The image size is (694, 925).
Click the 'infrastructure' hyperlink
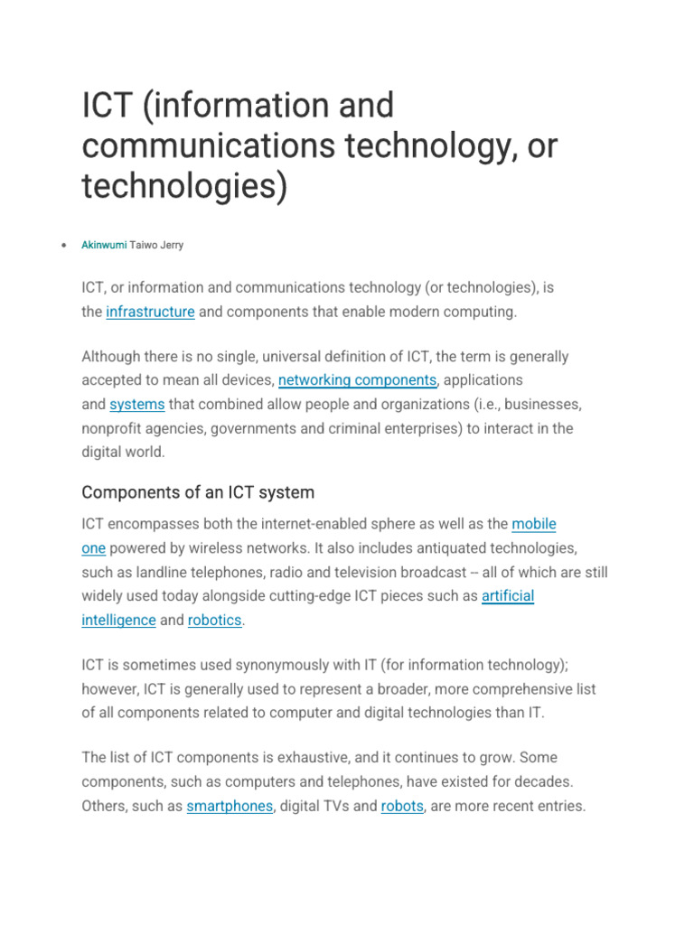(150, 312)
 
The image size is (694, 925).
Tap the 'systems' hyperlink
(136, 405)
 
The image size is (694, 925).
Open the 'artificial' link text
(508, 596)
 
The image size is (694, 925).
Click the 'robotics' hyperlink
(215, 621)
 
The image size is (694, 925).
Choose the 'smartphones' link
(230, 806)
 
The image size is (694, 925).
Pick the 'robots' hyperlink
(402, 806)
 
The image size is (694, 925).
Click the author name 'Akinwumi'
(104, 245)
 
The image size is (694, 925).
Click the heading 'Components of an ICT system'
(198, 492)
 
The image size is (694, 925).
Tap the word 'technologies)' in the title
(183, 186)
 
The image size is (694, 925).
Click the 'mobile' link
(534, 524)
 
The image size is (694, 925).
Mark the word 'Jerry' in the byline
(172, 245)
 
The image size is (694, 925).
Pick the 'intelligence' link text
(118, 621)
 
